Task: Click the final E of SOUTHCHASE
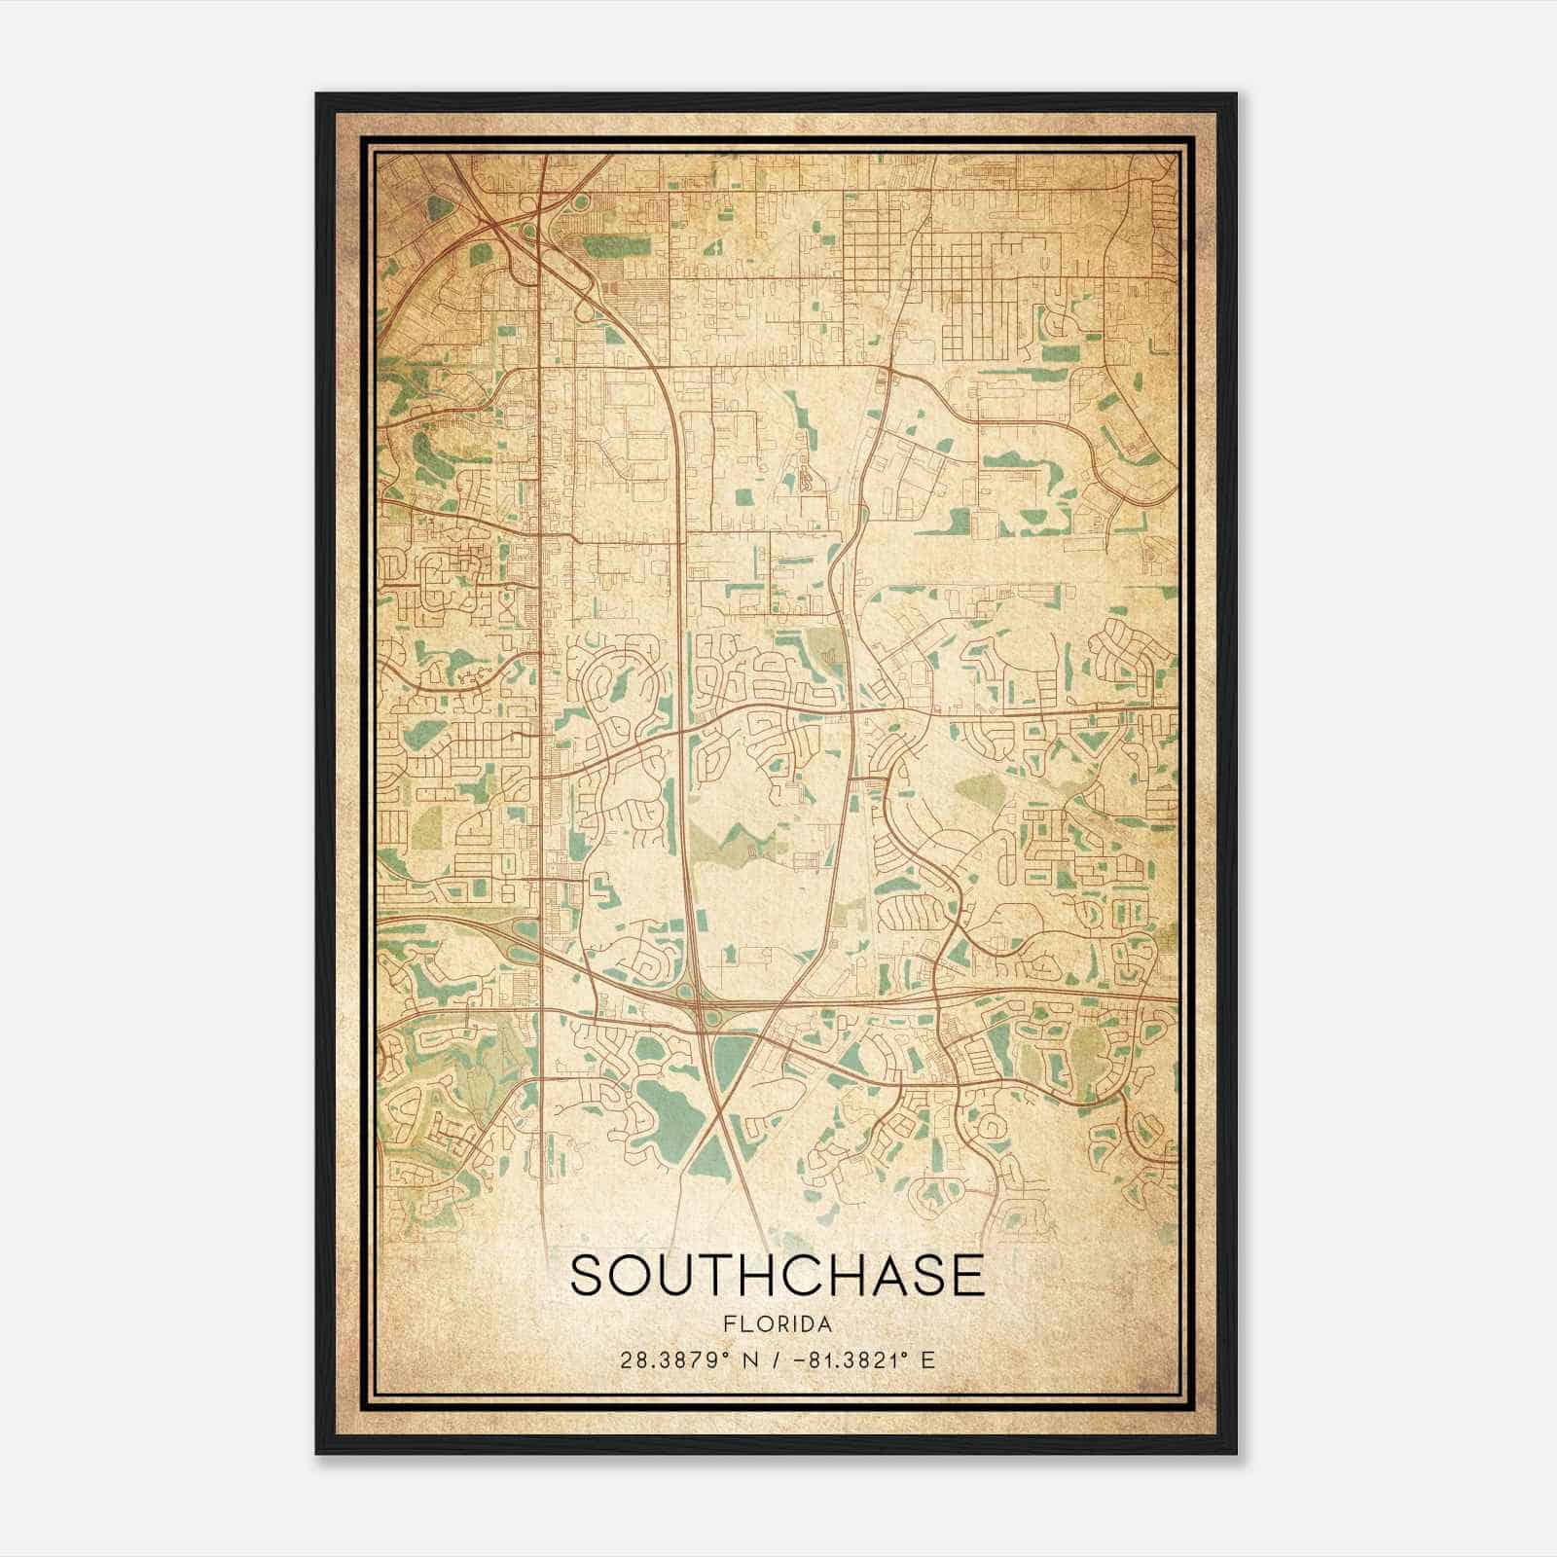coord(965,1276)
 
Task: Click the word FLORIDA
coord(778,1324)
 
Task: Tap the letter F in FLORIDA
coord(729,1324)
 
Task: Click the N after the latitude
coord(750,1360)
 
